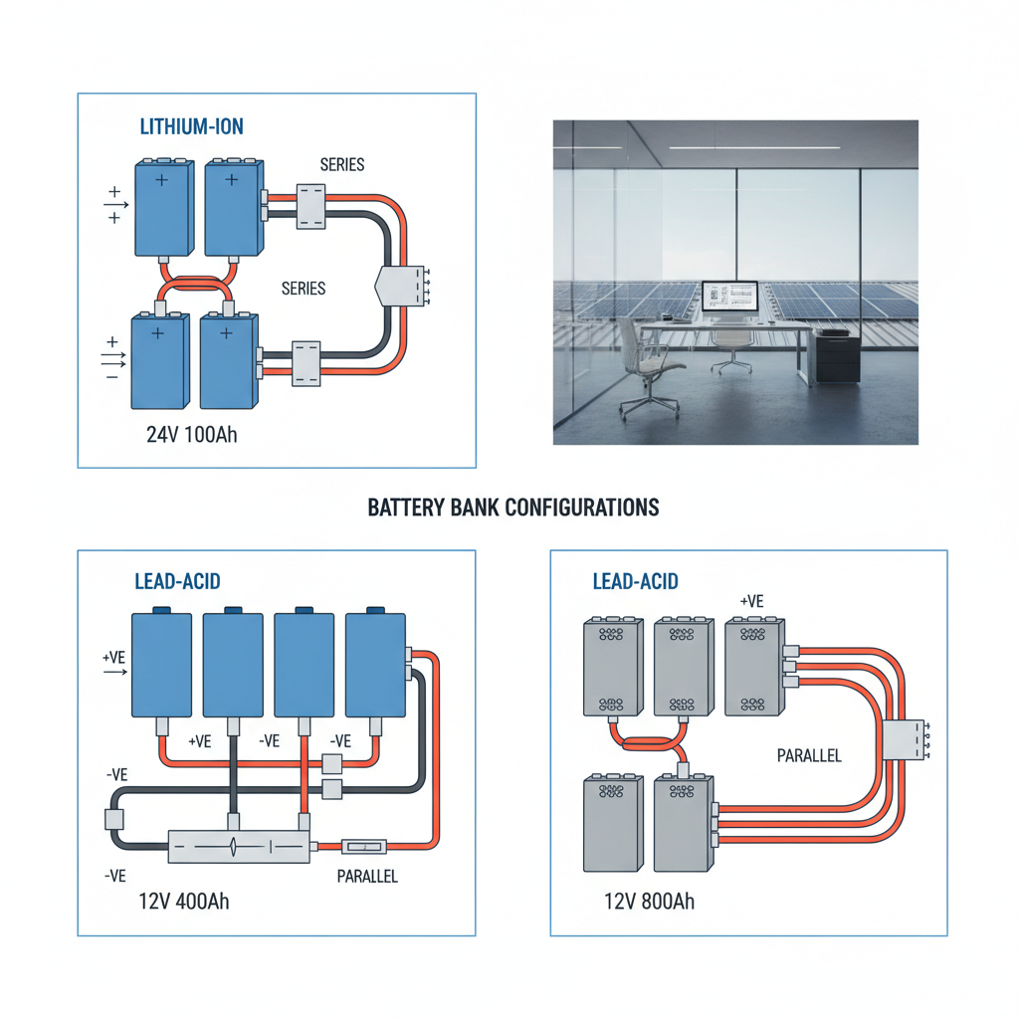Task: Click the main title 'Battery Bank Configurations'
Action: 512,508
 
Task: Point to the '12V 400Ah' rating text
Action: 184,902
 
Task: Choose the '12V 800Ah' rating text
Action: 649,902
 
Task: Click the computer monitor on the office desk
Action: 729,297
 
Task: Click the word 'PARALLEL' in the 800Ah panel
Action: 808,755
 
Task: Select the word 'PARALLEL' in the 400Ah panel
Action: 367,877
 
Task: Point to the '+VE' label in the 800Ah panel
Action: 751,601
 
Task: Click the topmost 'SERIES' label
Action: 342,164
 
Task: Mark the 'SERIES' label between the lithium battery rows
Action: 304,288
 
